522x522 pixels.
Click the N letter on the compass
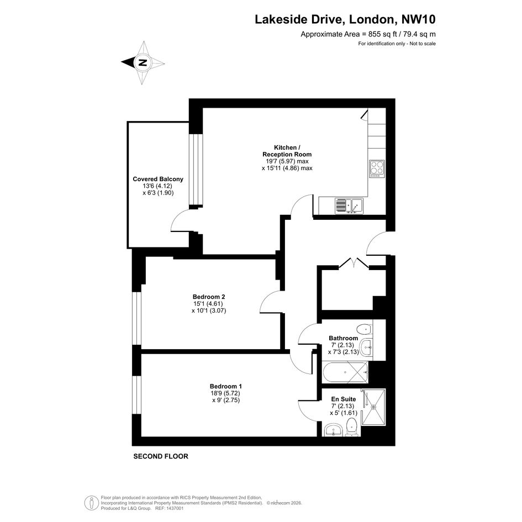coord(143,62)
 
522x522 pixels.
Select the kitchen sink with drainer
coord(349,206)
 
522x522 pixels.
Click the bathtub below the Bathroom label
coord(345,372)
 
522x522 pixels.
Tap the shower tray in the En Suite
coord(373,407)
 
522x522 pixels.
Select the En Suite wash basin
coord(333,430)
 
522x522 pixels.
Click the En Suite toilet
coord(352,428)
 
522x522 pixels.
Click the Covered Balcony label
coord(158,179)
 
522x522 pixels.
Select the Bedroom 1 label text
coord(226,386)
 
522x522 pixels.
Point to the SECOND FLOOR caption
coord(161,456)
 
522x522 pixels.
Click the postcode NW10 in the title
coord(419,19)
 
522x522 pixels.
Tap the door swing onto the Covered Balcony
coord(180,220)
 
